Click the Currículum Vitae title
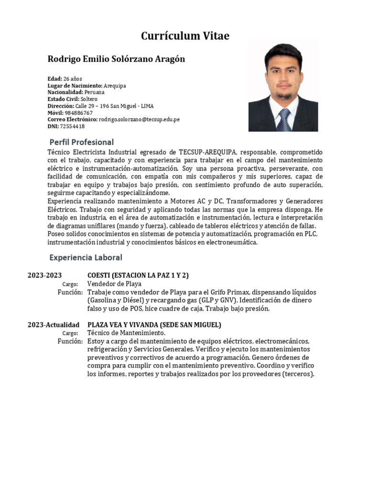(185, 36)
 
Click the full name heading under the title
(116, 59)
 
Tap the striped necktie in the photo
(283, 120)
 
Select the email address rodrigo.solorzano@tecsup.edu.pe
(139, 120)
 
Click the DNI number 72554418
(72, 126)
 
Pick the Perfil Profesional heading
(82, 142)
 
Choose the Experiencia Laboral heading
(86, 257)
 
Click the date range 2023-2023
(44, 275)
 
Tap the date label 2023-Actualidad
(54, 325)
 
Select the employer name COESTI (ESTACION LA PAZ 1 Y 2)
(138, 275)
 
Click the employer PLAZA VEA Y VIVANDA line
(154, 325)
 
